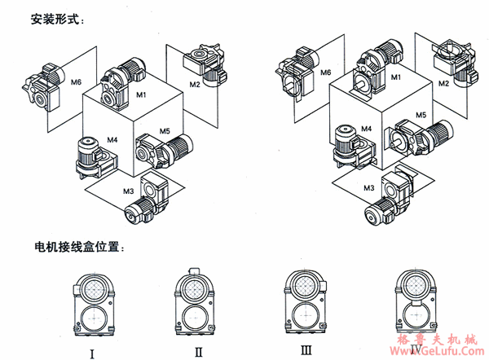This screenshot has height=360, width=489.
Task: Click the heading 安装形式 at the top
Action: pos(56,19)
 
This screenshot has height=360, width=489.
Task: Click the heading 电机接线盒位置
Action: pos(79,244)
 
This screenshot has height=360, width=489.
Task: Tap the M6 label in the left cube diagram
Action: pos(76,82)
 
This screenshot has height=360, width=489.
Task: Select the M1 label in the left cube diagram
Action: pos(140,95)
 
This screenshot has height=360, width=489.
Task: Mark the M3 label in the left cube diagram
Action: pos(128,189)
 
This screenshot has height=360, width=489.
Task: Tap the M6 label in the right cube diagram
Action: pos(324,72)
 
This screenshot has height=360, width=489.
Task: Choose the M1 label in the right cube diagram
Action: pos(396,77)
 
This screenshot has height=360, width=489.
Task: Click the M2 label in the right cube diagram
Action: pos(444,82)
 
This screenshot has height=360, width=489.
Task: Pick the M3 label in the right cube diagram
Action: pos(369,188)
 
